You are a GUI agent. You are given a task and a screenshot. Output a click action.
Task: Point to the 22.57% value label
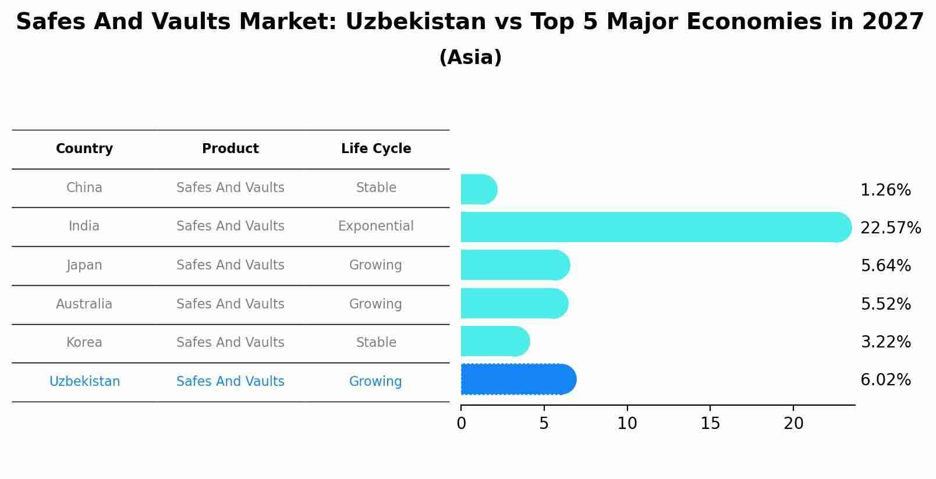(890, 228)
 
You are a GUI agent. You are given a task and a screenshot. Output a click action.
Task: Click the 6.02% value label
(885, 380)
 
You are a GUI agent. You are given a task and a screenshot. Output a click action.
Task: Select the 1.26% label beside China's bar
(885, 190)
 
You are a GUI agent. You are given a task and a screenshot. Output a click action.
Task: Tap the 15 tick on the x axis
(710, 424)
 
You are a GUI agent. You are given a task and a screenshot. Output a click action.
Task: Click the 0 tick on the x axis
(461, 424)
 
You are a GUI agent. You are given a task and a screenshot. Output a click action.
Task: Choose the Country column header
(84, 149)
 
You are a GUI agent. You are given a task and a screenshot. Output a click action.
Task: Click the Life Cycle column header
(376, 149)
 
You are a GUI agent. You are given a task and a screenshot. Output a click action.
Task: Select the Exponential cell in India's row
(376, 226)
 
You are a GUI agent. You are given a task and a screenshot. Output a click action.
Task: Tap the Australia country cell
(84, 304)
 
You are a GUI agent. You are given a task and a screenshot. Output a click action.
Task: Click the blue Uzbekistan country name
(84, 382)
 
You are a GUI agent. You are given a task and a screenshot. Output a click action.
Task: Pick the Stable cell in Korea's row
(376, 343)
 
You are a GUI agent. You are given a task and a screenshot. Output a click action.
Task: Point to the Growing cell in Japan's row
(375, 265)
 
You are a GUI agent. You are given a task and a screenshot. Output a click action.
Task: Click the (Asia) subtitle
(470, 58)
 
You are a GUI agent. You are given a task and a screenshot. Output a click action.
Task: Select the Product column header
(231, 149)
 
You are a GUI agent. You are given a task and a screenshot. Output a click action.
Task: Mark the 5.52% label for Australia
(885, 304)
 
